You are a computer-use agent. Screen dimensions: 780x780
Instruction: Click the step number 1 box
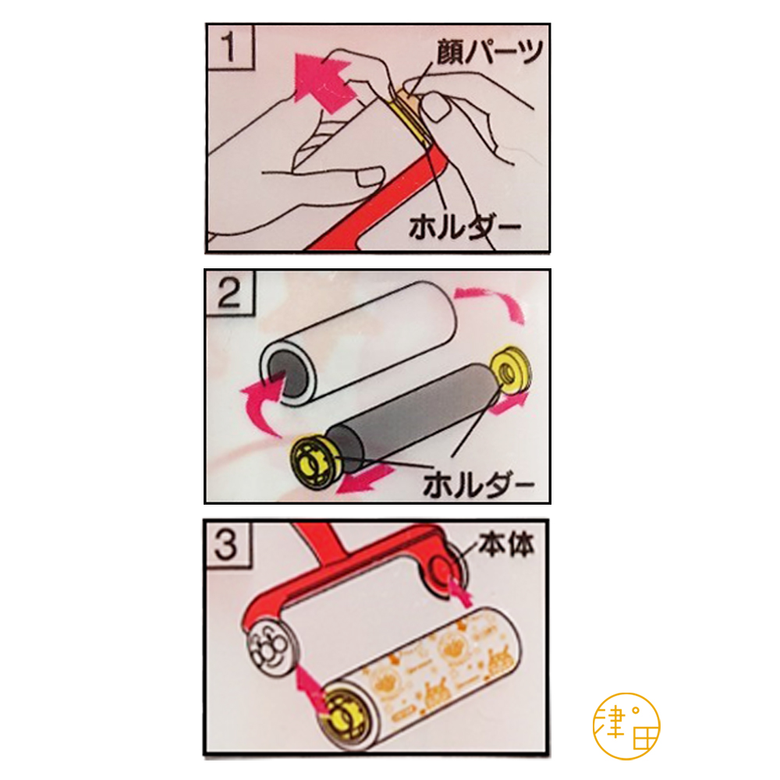[x=230, y=47]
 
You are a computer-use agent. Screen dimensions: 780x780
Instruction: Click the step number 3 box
[x=227, y=543]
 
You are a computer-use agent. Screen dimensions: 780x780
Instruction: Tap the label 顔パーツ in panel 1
[x=489, y=51]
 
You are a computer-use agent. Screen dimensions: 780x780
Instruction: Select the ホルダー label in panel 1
[x=464, y=229]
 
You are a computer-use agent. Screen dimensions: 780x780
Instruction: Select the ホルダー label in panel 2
[x=478, y=484]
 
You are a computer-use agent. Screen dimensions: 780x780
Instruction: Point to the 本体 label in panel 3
[x=506, y=544]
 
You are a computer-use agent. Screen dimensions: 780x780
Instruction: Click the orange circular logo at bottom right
[x=626, y=726]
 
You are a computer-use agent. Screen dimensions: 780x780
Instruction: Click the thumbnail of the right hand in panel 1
[x=435, y=108]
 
